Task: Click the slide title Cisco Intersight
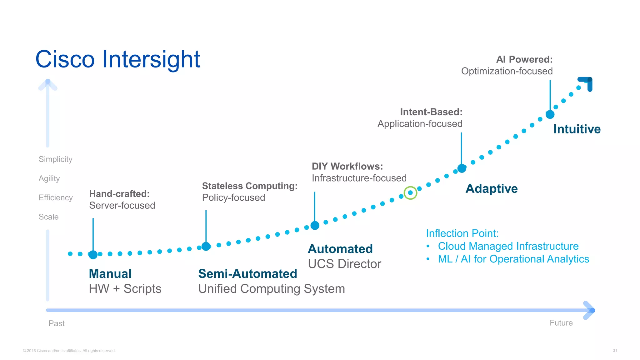pos(117,59)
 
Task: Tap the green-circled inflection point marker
pos(410,193)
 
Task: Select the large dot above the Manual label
pos(93,255)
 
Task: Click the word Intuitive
pos(577,129)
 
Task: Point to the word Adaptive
pos(491,189)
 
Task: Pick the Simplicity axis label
pos(55,159)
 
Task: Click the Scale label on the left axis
pos(48,217)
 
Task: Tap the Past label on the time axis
pos(57,323)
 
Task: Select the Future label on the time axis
pos(561,323)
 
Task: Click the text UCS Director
pos(344,264)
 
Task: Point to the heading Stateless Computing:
pos(249,186)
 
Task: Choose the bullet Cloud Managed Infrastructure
pos(508,246)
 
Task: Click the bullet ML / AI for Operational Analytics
pos(513,259)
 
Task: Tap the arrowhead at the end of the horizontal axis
pos(590,310)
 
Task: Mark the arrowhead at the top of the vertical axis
pos(48,84)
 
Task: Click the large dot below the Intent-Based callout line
pos(462,168)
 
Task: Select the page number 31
pos(615,351)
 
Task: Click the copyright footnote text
pos(69,351)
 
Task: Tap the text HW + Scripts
pos(125,289)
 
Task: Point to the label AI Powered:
pos(524,59)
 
